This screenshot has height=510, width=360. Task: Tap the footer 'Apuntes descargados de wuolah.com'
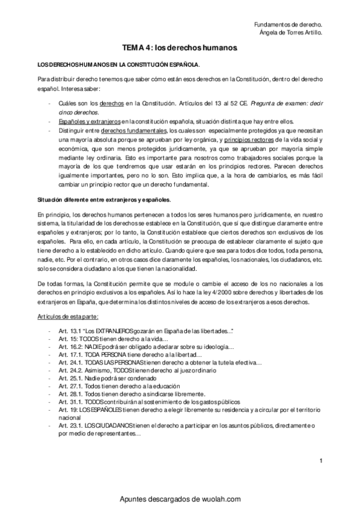pos(180,499)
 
